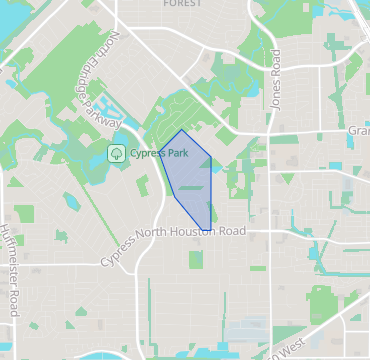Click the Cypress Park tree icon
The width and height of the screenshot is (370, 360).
pyautogui.click(x=117, y=154)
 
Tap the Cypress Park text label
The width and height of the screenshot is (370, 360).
pyautogui.click(x=160, y=154)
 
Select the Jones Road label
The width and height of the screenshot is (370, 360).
pyautogui.click(x=276, y=79)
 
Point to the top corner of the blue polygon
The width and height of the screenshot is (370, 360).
pyautogui.click(x=181, y=131)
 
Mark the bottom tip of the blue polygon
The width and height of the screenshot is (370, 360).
pyautogui.click(x=208, y=229)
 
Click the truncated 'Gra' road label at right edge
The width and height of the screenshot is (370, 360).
pyautogui.click(x=358, y=131)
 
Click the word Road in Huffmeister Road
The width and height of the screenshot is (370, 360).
pyautogui.click(x=13, y=301)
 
